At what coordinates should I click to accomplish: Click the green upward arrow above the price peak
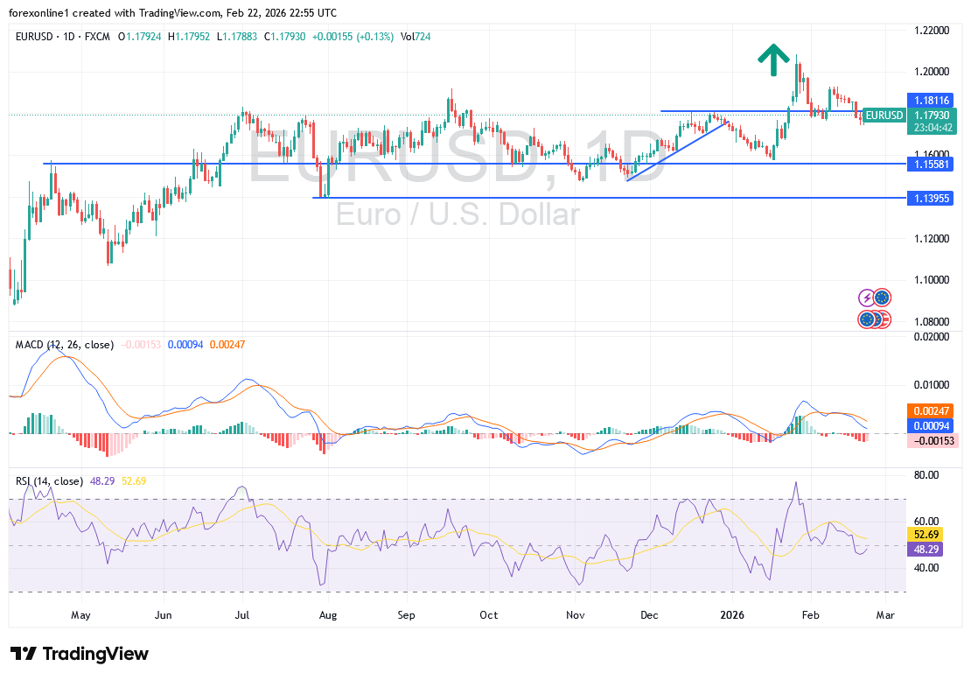771,60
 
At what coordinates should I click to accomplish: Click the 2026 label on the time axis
731,614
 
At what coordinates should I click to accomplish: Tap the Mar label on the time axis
884,614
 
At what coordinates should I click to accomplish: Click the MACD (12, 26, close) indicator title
64,345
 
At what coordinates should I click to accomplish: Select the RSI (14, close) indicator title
49,481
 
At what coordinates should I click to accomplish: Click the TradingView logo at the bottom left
80,654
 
